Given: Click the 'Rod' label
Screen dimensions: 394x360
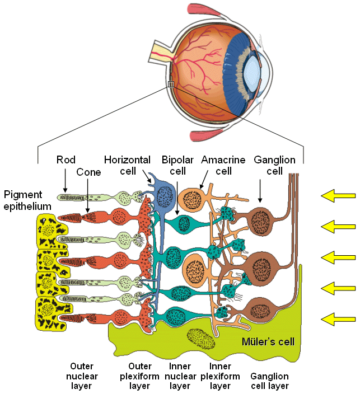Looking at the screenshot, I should (x=66, y=160).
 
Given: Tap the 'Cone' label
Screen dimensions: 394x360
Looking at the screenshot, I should (x=89, y=172).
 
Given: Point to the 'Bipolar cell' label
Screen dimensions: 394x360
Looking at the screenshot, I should (x=177, y=165).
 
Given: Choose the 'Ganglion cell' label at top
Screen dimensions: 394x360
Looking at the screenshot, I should (x=274, y=165).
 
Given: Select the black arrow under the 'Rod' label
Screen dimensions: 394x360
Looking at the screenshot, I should (x=65, y=180).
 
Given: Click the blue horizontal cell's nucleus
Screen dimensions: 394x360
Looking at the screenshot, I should (x=166, y=197).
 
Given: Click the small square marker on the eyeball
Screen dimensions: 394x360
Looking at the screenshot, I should (x=171, y=85).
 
